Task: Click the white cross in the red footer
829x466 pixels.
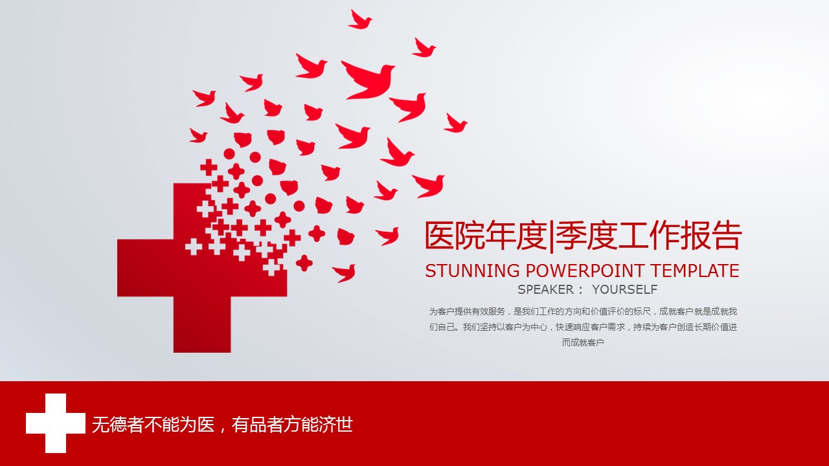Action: (x=56, y=423)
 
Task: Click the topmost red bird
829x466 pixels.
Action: (x=359, y=20)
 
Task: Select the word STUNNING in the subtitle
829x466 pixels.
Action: (x=472, y=271)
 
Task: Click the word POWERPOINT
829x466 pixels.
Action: (x=585, y=271)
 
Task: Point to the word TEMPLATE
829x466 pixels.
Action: (x=695, y=271)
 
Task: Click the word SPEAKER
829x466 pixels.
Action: (x=545, y=289)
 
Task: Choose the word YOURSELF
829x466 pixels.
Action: (x=625, y=289)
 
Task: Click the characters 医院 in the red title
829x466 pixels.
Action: (x=455, y=236)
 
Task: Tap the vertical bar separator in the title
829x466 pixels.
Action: (x=552, y=237)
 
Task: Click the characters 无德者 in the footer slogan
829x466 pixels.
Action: (x=118, y=425)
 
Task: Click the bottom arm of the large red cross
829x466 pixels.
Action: (x=202, y=324)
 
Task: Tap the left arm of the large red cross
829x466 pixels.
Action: (x=146, y=268)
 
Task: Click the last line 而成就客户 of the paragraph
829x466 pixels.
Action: (x=583, y=343)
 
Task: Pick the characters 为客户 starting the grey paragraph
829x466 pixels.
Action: (x=442, y=312)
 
